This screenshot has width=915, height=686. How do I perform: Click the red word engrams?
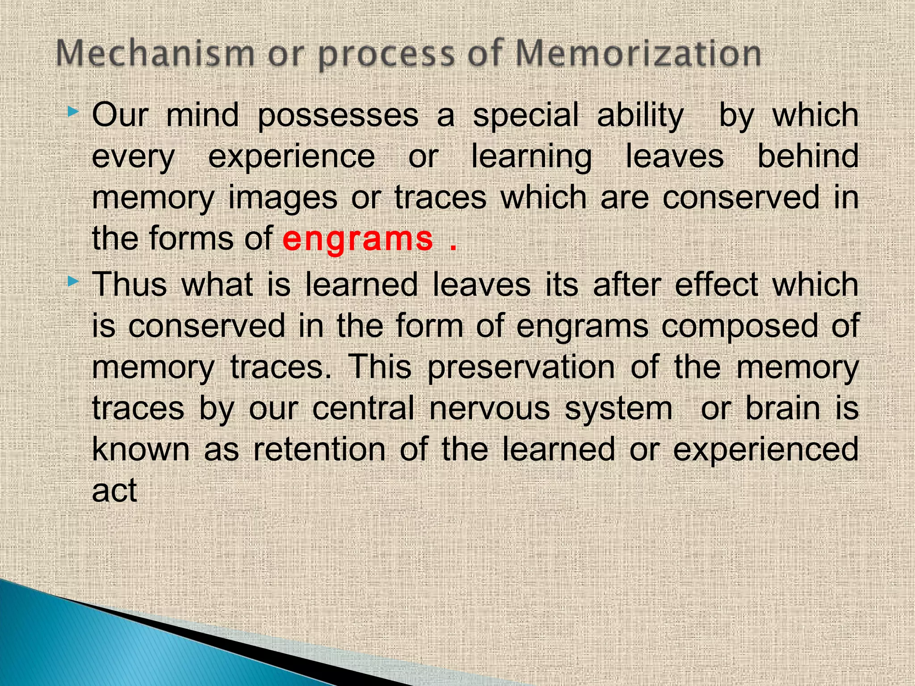tap(357, 239)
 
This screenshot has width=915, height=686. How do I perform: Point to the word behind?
tap(808, 156)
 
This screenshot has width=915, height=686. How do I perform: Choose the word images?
tap(282, 199)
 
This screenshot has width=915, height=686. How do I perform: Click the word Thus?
tap(130, 284)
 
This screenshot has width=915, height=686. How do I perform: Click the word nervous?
tap(489, 409)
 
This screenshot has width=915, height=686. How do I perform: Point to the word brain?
tap(783, 409)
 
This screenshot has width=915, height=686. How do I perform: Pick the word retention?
tap(319, 450)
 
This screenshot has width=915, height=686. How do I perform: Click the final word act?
tap(114, 491)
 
